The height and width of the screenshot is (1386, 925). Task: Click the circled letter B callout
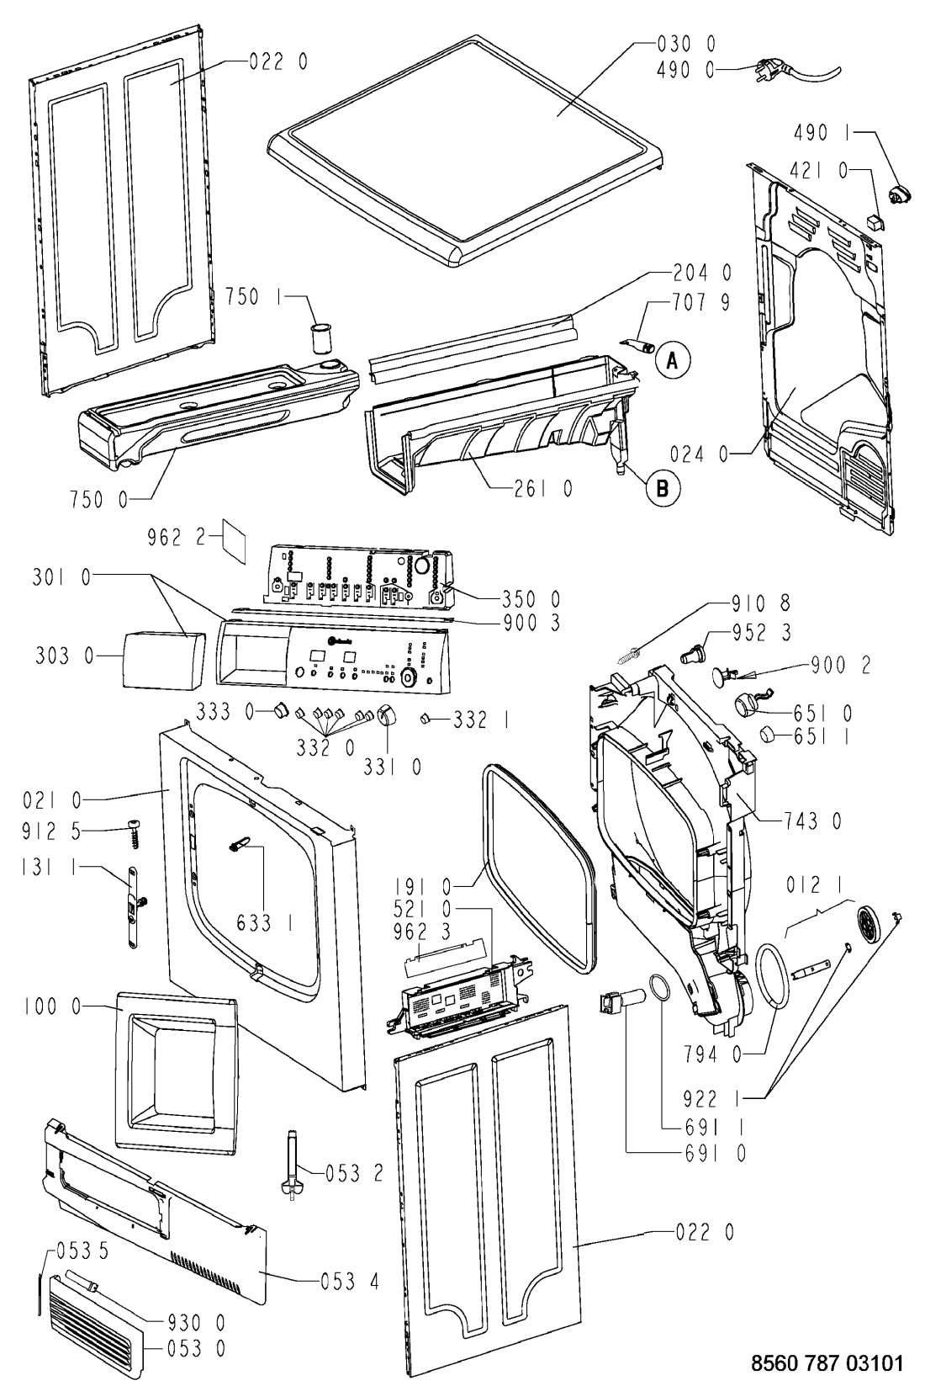[662, 486]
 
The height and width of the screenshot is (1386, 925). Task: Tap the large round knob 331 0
[387, 716]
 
